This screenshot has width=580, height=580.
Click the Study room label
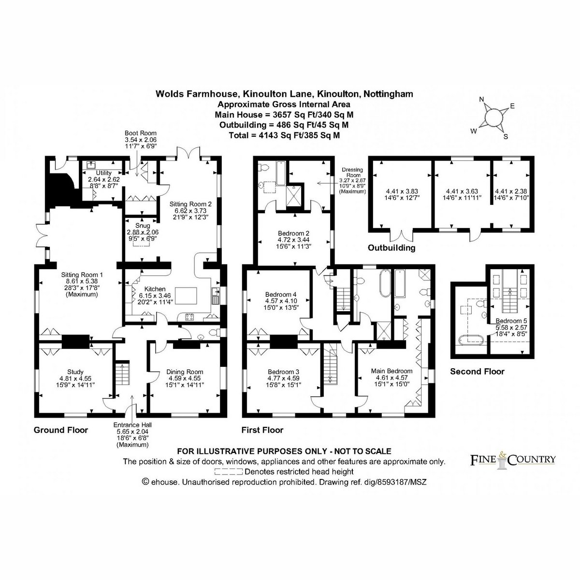[x=75, y=372]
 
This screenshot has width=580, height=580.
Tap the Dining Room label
[x=185, y=372]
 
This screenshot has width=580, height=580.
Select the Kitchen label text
[x=155, y=289]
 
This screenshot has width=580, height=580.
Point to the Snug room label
[x=143, y=226]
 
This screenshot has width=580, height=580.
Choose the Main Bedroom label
[x=391, y=371]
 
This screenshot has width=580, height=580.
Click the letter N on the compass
[x=481, y=100]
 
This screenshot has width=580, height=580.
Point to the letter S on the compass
[x=506, y=137]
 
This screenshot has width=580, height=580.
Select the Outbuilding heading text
[x=391, y=248]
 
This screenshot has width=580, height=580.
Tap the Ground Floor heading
[x=61, y=430]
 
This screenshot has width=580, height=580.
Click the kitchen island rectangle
[x=186, y=296]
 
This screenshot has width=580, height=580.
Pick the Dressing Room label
[x=352, y=172]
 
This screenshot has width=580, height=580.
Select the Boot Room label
[x=141, y=133]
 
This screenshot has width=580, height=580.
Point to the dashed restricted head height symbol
[x=228, y=471]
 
